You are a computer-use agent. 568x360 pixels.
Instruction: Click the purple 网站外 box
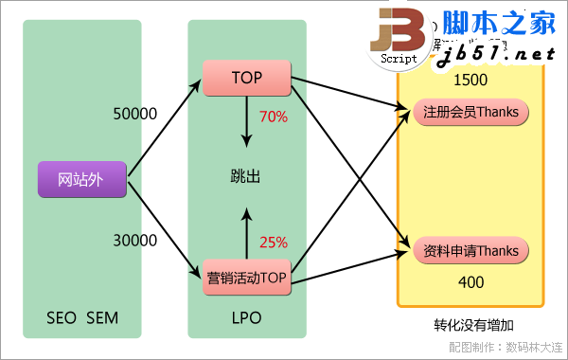[81, 180]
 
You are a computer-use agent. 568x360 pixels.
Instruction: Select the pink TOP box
[246, 78]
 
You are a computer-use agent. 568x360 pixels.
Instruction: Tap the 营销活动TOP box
[246, 279]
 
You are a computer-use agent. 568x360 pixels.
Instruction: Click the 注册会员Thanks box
[470, 113]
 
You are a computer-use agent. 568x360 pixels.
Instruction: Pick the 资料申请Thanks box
[470, 251]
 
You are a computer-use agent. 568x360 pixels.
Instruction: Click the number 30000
[133, 241]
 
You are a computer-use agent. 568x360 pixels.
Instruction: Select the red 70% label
[274, 117]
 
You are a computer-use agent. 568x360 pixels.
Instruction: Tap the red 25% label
[274, 242]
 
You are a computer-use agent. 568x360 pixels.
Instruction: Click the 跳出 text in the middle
[244, 177]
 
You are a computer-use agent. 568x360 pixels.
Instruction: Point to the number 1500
[470, 81]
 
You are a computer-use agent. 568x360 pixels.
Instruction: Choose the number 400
[470, 282]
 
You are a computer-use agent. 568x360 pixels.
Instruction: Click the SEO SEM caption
[81, 316]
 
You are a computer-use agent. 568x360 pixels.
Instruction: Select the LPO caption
[246, 316]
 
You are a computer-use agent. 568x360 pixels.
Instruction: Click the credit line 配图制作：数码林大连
[506, 348]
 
